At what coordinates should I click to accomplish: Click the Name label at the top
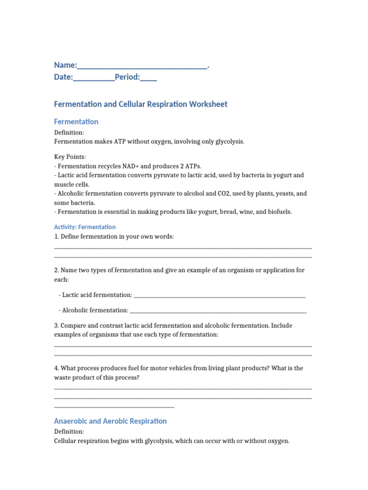click(65, 65)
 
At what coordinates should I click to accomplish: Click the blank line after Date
click(94, 78)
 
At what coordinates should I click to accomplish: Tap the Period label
click(126, 77)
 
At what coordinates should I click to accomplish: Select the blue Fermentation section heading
click(76, 122)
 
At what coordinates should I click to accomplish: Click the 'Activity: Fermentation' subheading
click(85, 227)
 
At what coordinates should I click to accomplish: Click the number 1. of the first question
click(57, 236)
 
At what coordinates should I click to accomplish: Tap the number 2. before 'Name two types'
click(57, 270)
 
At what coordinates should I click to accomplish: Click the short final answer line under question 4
click(114, 407)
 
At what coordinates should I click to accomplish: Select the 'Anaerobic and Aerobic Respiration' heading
click(110, 421)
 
